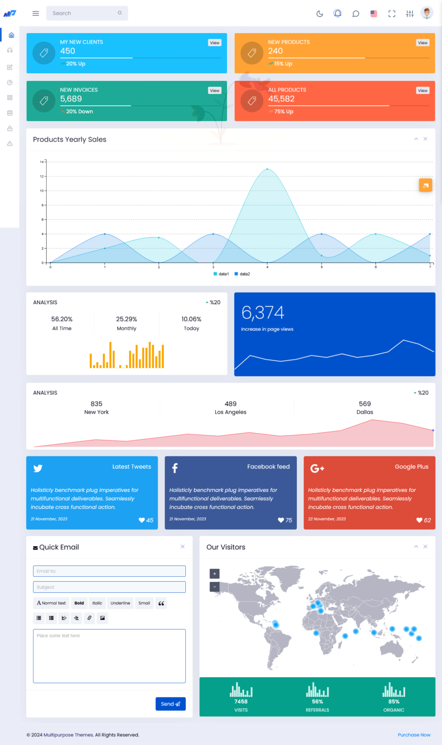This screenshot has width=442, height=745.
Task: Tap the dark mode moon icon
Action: coord(320,14)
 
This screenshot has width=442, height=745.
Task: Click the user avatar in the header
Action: coord(427,13)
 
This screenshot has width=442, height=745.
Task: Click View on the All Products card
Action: coord(423,90)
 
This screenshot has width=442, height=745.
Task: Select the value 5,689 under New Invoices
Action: coord(71,99)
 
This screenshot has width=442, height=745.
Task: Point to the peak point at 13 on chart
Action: coord(267,169)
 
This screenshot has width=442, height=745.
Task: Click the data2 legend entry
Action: coord(242,274)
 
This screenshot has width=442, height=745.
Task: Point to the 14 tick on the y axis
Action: coord(42,162)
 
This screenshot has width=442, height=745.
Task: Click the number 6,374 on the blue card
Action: coord(262,313)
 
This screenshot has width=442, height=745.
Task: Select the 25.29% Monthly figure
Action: coord(127,319)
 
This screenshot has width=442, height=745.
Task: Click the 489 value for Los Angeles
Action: coord(230,404)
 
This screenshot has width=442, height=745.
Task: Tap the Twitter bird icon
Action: coord(38,468)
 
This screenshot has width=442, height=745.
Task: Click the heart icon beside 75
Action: coord(281,520)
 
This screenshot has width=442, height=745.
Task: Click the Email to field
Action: coord(109,571)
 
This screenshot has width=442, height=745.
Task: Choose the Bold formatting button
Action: coord(79,603)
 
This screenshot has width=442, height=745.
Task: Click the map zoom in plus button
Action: coord(214,574)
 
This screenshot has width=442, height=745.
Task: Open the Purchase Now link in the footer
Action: coord(414,735)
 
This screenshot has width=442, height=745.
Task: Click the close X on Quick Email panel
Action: coord(182,547)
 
